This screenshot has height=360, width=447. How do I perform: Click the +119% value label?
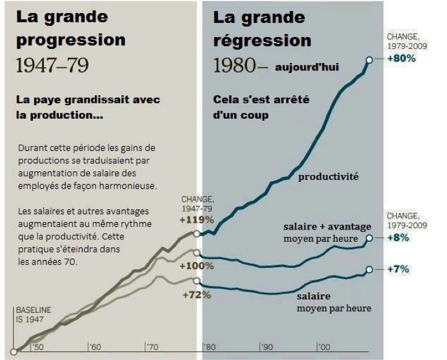(197, 219)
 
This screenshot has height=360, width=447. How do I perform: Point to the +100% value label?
(197, 266)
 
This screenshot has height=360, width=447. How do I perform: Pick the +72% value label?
(197, 294)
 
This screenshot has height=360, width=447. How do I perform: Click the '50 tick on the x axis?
(38, 347)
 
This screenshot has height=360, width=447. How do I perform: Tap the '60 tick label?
(95, 347)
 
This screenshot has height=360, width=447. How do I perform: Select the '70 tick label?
(152, 347)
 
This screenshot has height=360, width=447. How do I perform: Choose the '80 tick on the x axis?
(209, 347)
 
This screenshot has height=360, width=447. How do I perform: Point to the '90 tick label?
(266, 347)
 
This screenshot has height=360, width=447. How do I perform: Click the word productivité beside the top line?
(328, 177)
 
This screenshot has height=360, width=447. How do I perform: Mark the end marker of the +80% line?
(370, 59)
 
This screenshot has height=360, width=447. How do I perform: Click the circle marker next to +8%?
(370, 238)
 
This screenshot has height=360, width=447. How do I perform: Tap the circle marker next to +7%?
(370, 270)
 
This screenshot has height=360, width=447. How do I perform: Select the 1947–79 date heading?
(52, 66)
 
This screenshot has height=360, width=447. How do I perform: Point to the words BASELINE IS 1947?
(33, 314)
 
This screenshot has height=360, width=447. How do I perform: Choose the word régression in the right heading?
(262, 41)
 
